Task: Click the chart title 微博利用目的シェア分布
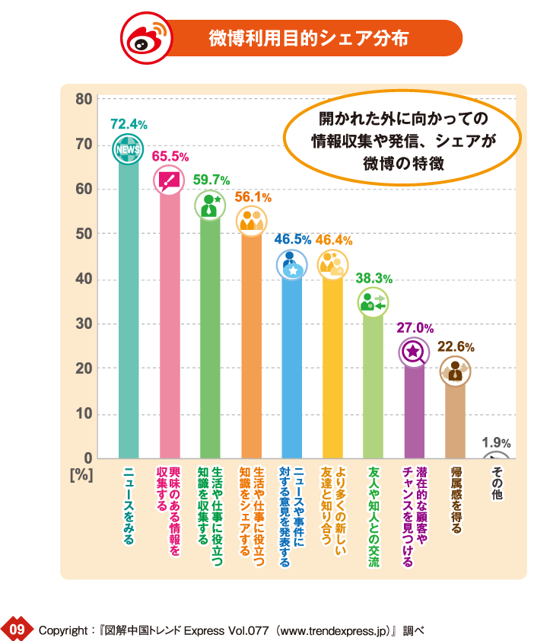pos(308,38)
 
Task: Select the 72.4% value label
pos(129,123)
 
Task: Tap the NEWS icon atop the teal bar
pos(126,149)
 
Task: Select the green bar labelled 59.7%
pos(210,335)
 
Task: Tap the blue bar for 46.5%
pos(292,365)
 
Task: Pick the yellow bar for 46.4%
pos(333,365)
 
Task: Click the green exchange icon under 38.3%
pos(374,303)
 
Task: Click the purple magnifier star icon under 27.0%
pos(415,351)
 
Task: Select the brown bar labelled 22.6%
pos(455,419)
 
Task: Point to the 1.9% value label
pos(496,442)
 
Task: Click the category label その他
pos(497,483)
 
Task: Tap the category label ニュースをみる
pos(128,505)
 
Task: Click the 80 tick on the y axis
pos(84,99)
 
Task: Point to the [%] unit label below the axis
pos(81,474)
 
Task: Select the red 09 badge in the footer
pos(17,629)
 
